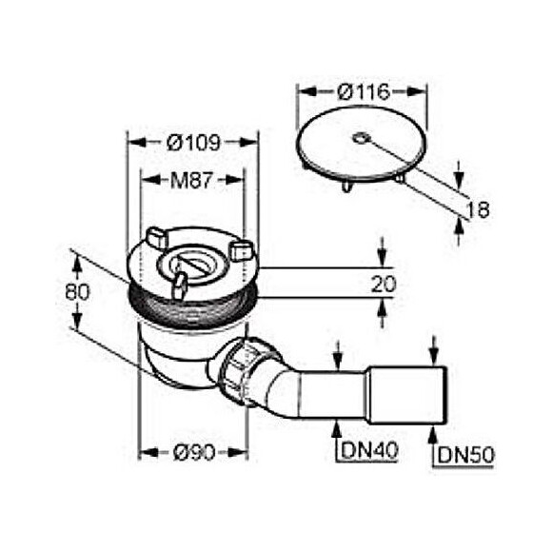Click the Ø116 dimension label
[364, 92]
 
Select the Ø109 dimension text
[193, 143]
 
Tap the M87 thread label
[192, 180]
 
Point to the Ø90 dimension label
[194, 452]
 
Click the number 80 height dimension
[77, 292]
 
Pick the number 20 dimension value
[384, 284]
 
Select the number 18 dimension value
[478, 209]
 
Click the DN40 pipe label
[368, 450]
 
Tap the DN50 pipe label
[465, 456]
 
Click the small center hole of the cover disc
[361, 138]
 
